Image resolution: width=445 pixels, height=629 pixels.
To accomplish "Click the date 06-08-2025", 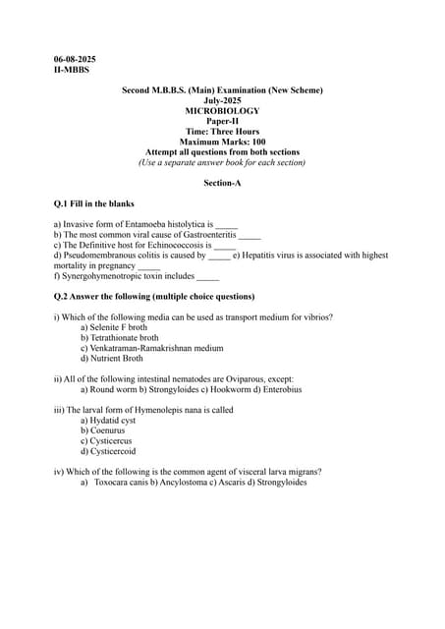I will pos(75,60).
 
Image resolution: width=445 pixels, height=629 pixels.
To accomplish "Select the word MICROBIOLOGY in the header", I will pos(222,111).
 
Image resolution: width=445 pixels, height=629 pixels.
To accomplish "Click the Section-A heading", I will pos(222,183).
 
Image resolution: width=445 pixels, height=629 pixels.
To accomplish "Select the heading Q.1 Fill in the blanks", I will pos(94,203).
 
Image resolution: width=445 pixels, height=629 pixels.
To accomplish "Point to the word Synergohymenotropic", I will pos(97,276).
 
